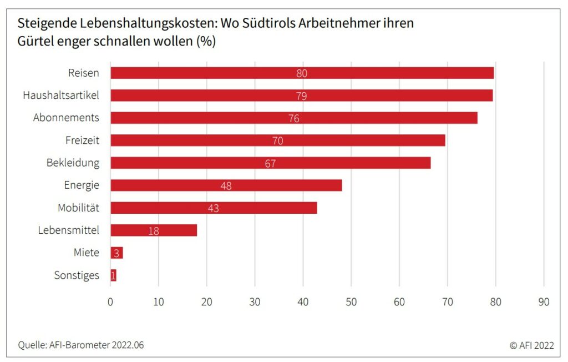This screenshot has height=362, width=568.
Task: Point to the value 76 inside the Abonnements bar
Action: [x=294, y=118]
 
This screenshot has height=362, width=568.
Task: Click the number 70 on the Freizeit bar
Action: [x=277, y=141]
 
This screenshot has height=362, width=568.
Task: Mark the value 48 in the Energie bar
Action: [x=226, y=186]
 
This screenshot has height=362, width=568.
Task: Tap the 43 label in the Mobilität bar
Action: [x=214, y=209]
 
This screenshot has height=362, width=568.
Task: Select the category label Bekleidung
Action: [x=73, y=163]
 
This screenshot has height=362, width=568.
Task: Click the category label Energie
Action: [x=82, y=185]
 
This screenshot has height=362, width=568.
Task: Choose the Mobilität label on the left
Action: [x=78, y=208]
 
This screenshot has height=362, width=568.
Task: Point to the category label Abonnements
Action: [x=66, y=118]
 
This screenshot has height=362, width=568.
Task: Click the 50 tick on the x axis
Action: [x=351, y=302]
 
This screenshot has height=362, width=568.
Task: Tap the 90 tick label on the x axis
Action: [x=544, y=302]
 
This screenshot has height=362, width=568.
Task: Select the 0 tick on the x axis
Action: [x=110, y=302]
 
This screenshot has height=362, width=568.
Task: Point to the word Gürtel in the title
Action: [x=36, y=42]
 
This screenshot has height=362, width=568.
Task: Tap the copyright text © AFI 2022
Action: [x=531, y=345]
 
